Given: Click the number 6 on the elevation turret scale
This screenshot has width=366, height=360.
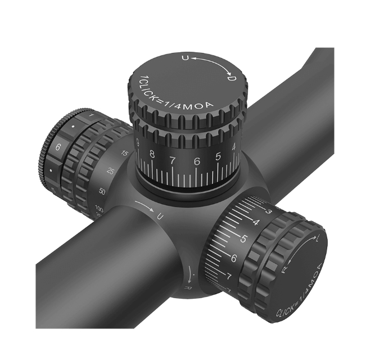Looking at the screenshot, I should pyautogui.click(x=197, y=161).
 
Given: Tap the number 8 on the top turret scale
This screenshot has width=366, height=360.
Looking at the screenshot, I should pyautogui.click(x=152, y=154).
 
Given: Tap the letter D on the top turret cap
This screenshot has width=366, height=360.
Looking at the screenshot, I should pyautogui.click(x=231, y=80).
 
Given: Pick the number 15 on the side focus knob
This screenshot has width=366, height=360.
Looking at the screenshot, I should pyautogui.click(x=125, y=153).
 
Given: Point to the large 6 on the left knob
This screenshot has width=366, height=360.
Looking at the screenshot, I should pyautogui.click(x=58, y=148).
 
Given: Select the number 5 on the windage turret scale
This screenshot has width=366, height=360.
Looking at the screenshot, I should pyautogui.click(x=244, y=238).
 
